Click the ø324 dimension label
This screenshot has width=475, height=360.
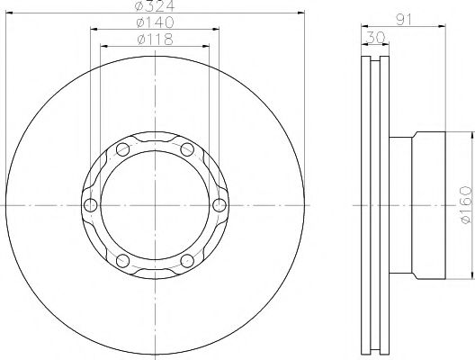click(x=153, y=7)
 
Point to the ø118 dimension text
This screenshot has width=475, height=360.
click(x=153, y=40)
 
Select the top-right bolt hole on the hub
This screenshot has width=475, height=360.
click(x=186, y=149)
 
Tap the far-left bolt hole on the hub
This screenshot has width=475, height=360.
click(x=89, y=206)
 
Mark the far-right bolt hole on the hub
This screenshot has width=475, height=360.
click(x=219, y=206)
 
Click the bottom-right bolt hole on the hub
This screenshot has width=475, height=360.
click(x=186, y=262)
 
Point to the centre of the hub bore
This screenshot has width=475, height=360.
click(x=154, y=206)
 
